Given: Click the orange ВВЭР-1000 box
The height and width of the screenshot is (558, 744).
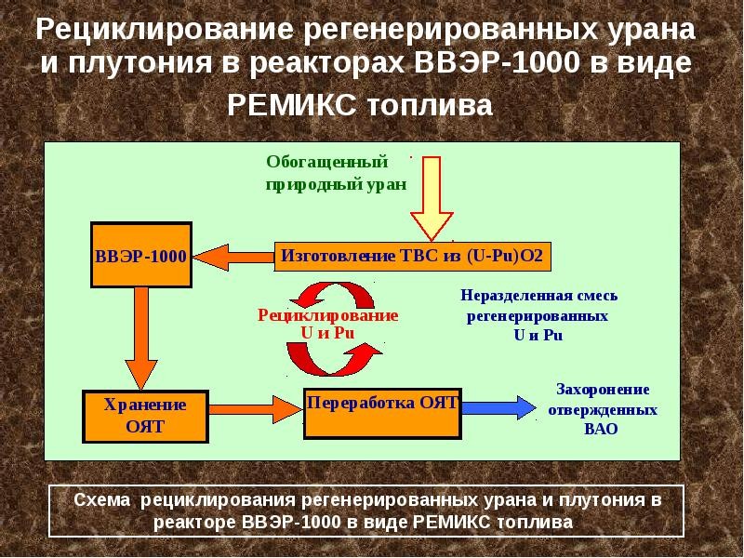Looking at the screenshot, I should pyautogui.click(x=141, y=254).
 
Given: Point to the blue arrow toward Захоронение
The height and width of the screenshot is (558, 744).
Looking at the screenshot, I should pyautogui.click(x=498, y=406).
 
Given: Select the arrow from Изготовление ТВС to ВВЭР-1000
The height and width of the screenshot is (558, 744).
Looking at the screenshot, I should pyautogui.click(x=233, y=255).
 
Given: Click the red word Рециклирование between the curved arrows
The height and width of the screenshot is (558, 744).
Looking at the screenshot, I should pyautogui.click(x=327, y=316).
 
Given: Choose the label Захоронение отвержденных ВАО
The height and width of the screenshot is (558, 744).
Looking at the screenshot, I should pyautogui.click(x=602, y=409).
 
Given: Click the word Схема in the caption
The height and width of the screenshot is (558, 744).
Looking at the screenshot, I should pyautogui.click(x=104, y=500).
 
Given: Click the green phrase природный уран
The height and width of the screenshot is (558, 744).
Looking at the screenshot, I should pyautogui.click(x=336, y=183).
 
